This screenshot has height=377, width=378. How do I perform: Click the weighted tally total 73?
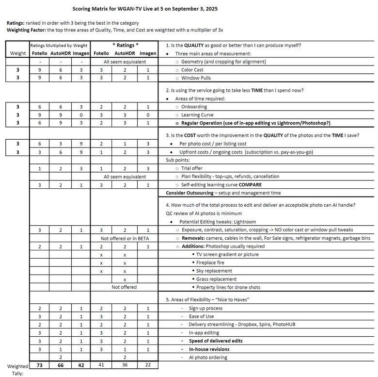pos(40,365)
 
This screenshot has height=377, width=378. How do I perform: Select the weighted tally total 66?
pos(61,365)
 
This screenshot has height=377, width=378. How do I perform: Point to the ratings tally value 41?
pos(101,365)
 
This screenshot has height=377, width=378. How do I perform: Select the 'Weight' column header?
pos(17,53)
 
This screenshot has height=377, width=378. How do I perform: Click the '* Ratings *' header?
pos(125,45)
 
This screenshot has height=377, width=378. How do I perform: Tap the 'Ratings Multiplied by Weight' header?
pos(60,45)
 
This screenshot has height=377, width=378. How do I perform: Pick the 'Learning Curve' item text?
pos(197,115)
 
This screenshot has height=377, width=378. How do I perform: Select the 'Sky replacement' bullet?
pos(214,271)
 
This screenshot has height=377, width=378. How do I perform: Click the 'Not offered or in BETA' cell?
pos(125,238)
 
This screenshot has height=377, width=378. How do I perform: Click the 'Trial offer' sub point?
pos(194,168)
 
